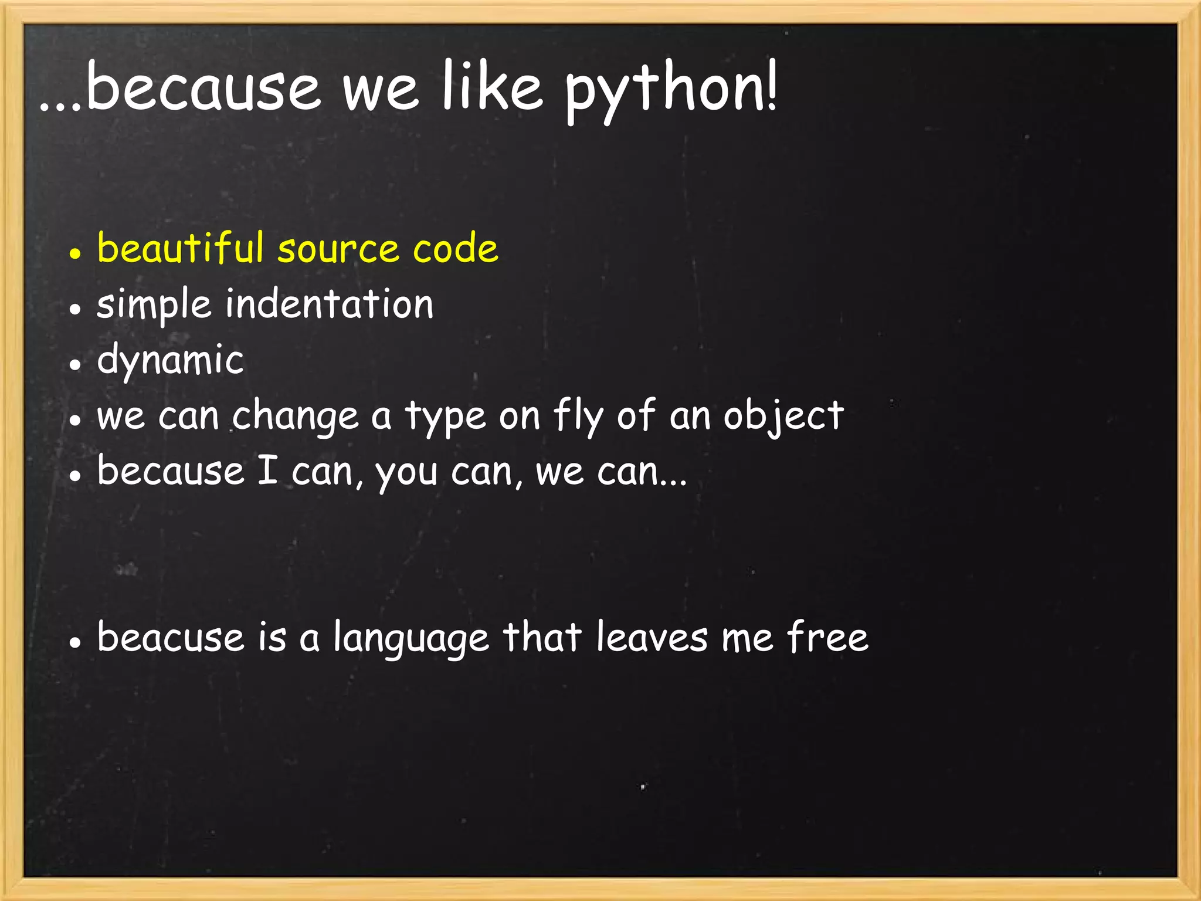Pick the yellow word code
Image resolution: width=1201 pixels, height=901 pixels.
click(x=455, y=248)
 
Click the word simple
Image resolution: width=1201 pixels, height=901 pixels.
click(x=154, y=305)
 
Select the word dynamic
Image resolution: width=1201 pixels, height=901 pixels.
click(x=170, y=360)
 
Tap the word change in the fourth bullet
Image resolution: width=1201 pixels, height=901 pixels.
click(x=296, y=416)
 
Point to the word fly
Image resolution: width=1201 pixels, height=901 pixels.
click(x=578, y=415)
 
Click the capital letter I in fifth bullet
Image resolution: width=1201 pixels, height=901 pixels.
click(x=267, y=470)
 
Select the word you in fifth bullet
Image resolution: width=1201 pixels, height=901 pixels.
click(x=406, y=473)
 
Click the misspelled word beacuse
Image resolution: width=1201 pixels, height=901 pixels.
click(x=170, y=637)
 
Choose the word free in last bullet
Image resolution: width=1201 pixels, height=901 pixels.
click(x=827, y=637)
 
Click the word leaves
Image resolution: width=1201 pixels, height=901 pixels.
click(x=652, y=637)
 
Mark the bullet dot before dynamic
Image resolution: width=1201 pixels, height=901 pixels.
click(x=74, y=364)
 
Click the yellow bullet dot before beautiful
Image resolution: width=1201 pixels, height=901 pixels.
click(x=74, y=253)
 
